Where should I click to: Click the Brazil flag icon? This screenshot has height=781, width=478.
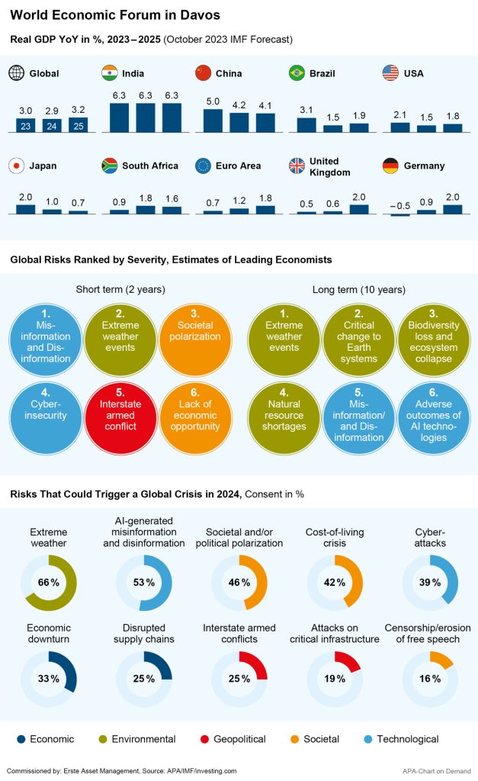point(297,73)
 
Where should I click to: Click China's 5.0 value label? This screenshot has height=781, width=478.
point(213,101)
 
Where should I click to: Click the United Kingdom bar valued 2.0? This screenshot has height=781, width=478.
point(359,208)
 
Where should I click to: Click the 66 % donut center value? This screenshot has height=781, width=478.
point(49,583)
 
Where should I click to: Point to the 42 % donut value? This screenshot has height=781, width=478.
point(335,583)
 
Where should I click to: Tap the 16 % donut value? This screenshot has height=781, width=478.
point(430,679)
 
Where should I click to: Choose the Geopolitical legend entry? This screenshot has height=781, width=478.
point(233,738)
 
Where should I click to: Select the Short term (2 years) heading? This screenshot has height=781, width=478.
point(120,290)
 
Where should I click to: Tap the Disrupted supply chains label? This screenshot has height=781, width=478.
point(144,633)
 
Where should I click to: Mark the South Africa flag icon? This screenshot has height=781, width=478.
point(110,166)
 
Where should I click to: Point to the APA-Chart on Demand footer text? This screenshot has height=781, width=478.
point(437,770)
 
